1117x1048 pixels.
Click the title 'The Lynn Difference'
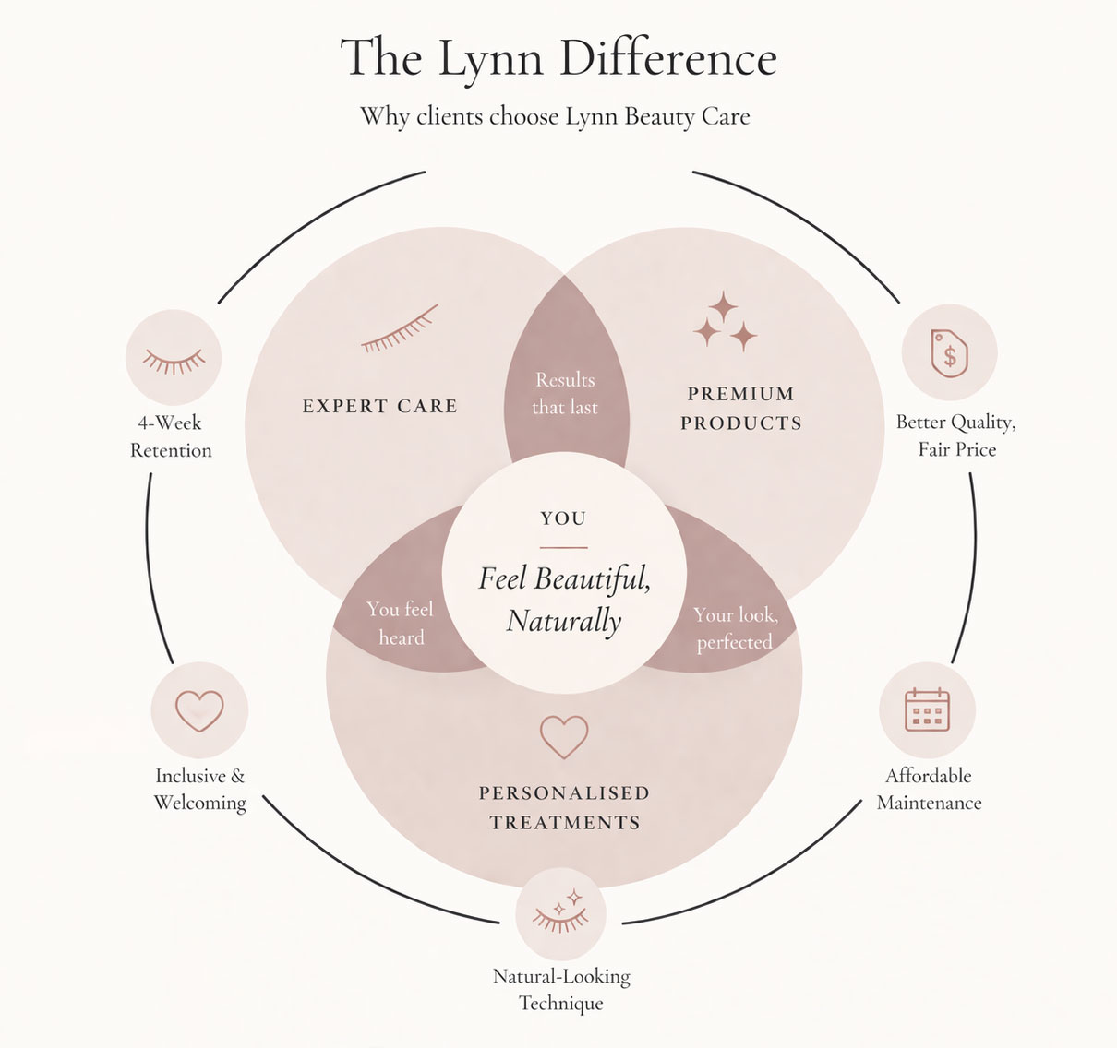click(x=558, y=57)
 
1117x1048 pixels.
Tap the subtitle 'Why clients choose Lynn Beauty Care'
click(x=555, y=117)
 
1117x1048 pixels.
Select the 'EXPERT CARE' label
click(x=379, y=406)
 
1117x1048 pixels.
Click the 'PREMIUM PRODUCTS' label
click(x=741, y=409)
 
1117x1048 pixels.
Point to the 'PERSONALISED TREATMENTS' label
click(x=564, y=807)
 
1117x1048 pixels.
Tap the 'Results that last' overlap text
click(x=565, y=393)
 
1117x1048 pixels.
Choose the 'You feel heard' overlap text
click(x=400, y=623)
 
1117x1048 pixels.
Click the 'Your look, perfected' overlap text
click(x=735, y=628)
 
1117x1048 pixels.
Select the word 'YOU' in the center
click(x=563, y=518)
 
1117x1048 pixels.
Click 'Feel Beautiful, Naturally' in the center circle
click(x=564, y=600)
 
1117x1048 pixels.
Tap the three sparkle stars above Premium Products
click(x=725, y=322)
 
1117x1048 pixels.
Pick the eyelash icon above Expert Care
click(x=400, y=329)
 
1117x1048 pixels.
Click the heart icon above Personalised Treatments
click(x=564, y=736)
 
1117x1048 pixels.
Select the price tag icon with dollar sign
click(x=949, y=353)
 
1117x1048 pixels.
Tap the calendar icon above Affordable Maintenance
click(x=927, y=709)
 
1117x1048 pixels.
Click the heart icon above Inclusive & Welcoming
click(x=199, y=710)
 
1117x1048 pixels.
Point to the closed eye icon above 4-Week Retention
click(x=174, y=360)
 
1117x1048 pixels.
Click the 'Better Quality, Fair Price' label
click(x=956, y=435)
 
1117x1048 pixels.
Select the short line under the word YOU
click(x=563, y=547)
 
